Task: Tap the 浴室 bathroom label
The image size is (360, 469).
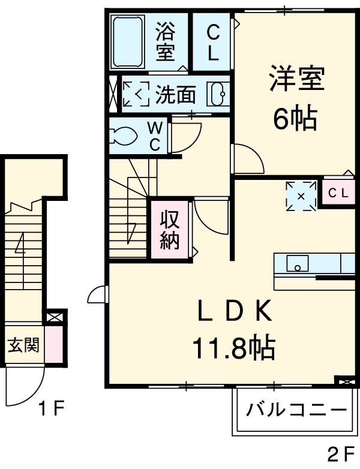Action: click(165, 41)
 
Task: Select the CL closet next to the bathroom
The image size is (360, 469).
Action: click(213, 41)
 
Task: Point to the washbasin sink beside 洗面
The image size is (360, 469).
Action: click(218, 94)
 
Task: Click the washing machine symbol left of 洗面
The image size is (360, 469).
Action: click(136, 94)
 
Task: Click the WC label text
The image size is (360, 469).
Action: click(154, 136)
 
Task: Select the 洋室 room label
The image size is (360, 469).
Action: click(296, 80)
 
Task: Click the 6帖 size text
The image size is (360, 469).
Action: click(295, 120)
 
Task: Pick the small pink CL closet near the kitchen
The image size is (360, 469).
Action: click(337, 193)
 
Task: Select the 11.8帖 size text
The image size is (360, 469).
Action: click(234, 347)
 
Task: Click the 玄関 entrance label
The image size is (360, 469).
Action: click(23, 345)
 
